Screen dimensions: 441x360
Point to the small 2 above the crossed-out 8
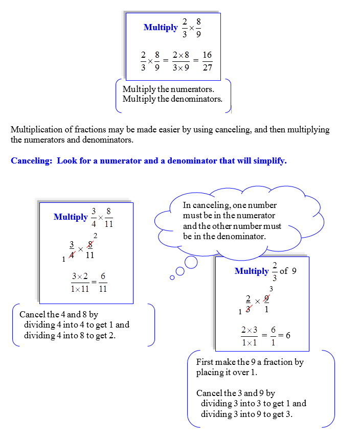95,236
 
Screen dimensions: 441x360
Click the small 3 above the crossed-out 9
271,289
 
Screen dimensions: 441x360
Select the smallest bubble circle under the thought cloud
172,277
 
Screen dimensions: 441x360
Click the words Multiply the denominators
172,99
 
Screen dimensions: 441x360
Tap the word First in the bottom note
205,362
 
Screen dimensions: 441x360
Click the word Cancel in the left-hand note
32,314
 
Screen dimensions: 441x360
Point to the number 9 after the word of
294,271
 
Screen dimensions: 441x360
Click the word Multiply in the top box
161,28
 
